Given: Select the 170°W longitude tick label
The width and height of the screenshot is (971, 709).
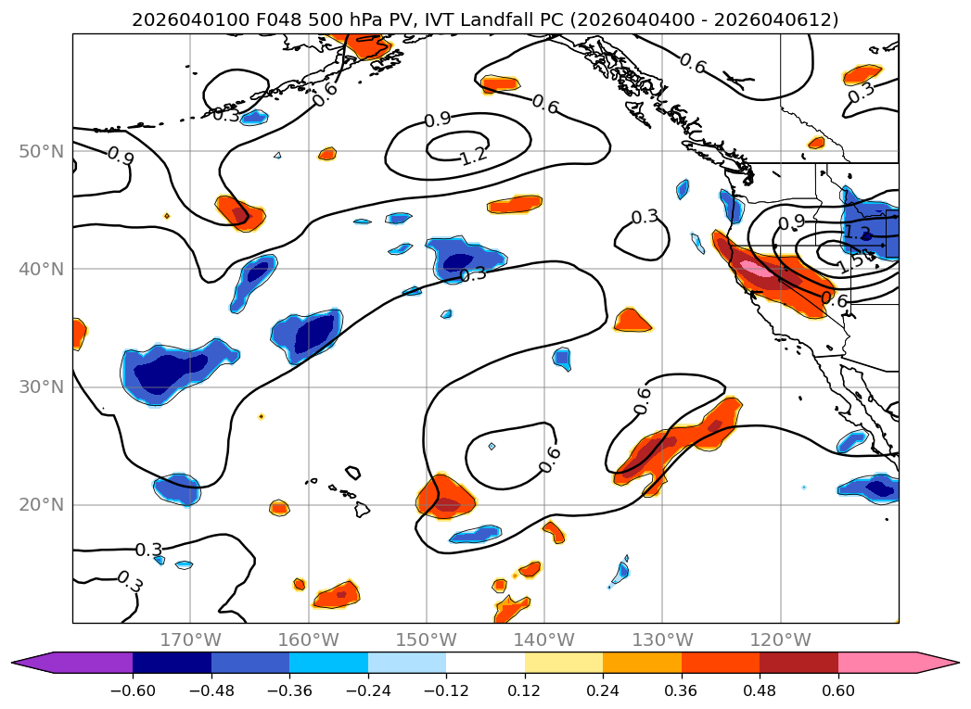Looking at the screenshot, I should [x=190, y=639].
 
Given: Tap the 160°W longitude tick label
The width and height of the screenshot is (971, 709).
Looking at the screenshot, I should [x=308, y=639].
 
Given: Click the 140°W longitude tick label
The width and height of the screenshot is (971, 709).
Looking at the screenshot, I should [x=544, y=639].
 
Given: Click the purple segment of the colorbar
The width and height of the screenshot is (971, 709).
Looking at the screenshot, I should [x=83, y=662].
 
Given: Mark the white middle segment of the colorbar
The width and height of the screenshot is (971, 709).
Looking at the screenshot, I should [x=485, y=662].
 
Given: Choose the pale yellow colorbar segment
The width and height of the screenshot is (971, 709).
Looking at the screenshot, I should [x=563, y=662].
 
